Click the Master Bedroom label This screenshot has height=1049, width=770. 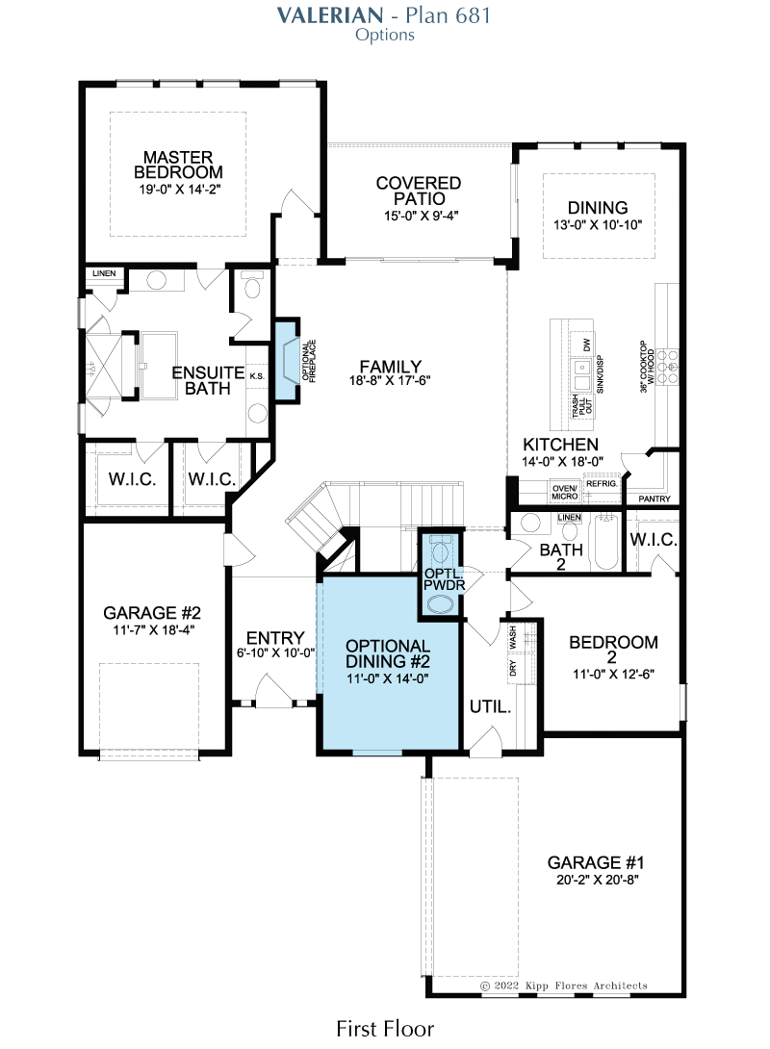(x=178, y=165)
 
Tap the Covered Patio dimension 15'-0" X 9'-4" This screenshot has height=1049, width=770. (x=421, y=216)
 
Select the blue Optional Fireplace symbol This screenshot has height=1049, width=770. (x=289, y=361)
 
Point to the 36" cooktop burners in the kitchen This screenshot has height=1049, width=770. (x=667, y=367)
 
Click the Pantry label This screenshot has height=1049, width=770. (x=654, y=499)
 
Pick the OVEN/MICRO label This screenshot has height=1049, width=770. (x=565, y=493)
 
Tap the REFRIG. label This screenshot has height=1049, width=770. (x=602, y=483)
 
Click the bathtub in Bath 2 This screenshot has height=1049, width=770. (x=606, y=541)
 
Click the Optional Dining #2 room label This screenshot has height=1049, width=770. (x=387, y=653)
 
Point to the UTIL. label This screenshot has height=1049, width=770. (x=490, y=706)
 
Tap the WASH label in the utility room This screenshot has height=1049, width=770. (x=513, y=637)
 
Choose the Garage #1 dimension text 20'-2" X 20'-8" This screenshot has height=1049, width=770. (x=598, y=880)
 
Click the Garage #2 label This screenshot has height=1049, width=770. (x=152, y=612)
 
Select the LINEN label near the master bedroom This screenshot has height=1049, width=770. (x=104, y=273)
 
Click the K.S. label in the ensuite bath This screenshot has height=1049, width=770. (x=258, y=376)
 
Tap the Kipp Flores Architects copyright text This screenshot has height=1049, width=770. (x=564, y=985)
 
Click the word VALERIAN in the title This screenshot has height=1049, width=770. (x=330, y=14)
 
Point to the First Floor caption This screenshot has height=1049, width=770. (x=385, y=1028)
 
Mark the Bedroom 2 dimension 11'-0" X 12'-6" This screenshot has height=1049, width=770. (x=613, y=674)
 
